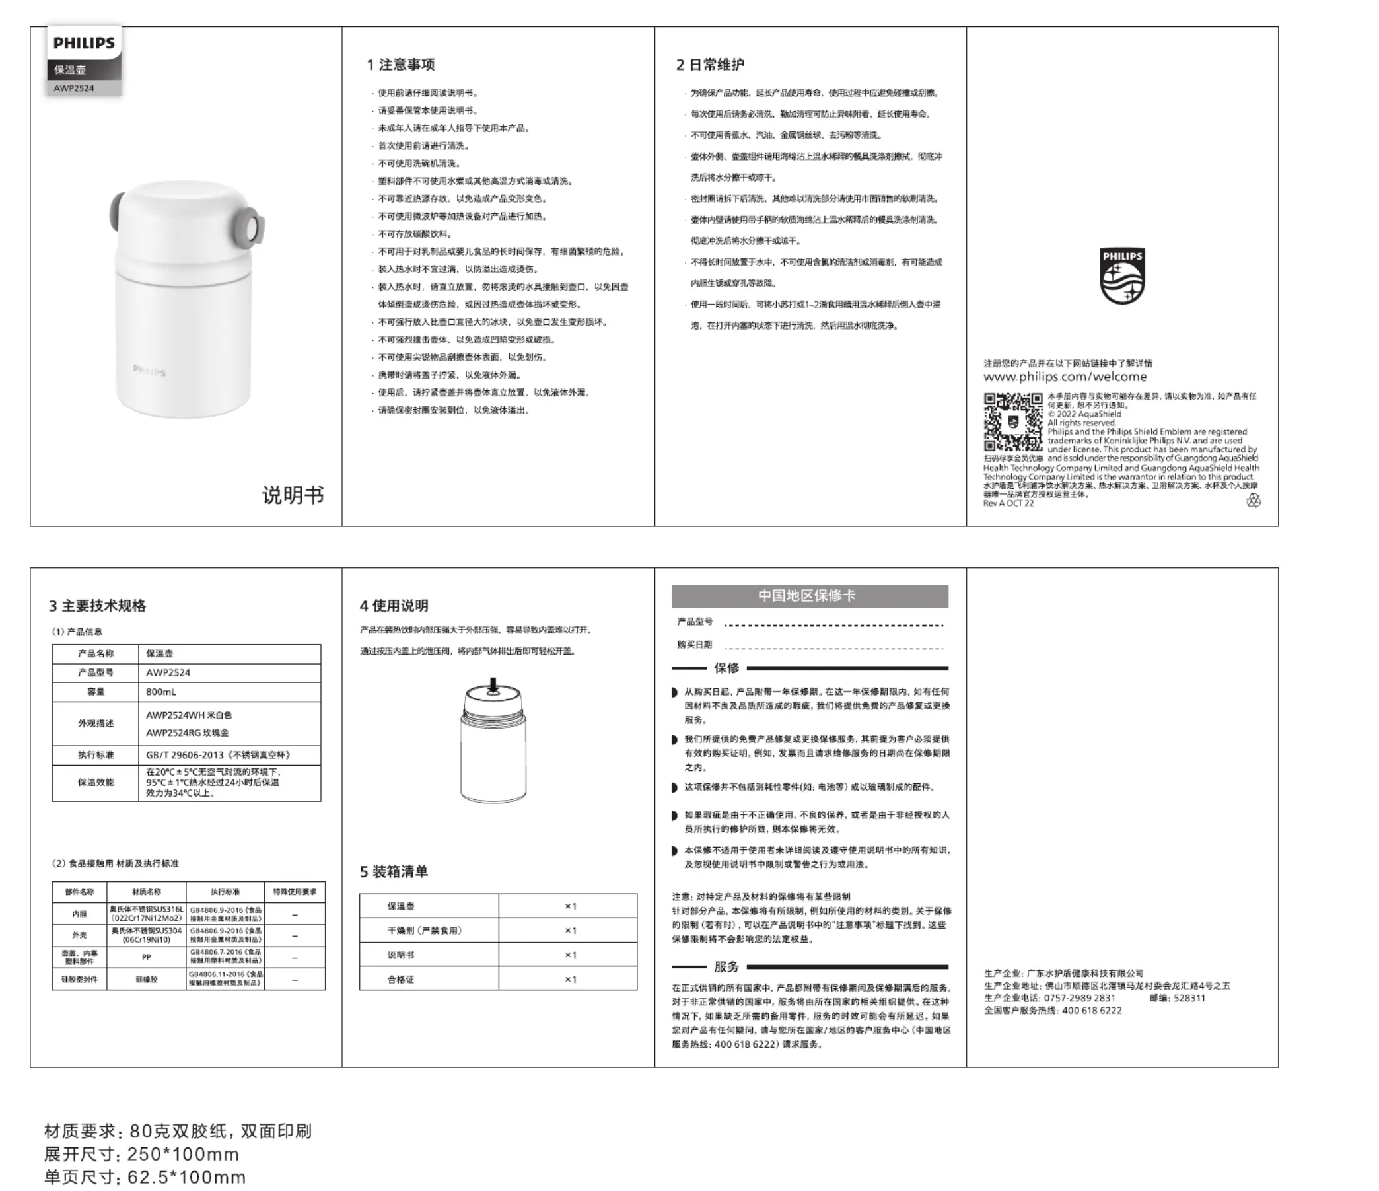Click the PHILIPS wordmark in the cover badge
click(x=84, y=44)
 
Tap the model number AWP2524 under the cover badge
click(x=74, y=88)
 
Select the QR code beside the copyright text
click(x=1012, y=422)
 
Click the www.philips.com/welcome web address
click(x=1065, y=377)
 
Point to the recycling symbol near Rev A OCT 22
click(x=1254, y=501)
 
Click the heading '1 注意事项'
click(x=401, y=65)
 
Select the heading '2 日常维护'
click(x=710, y=65)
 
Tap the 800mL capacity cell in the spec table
click(x=162, y=692)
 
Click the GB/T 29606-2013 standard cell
click(x=219, y=755)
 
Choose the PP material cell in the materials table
click(x=147, y=957)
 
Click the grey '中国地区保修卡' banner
click(x=809, y=596)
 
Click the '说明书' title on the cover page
click(x=293, y=495)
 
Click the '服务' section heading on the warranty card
click(x=726, y=966)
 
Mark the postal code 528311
click(x=1189, y=998)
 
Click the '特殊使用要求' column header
click(x=295, y=892)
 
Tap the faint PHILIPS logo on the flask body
click(x=149, y=371)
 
